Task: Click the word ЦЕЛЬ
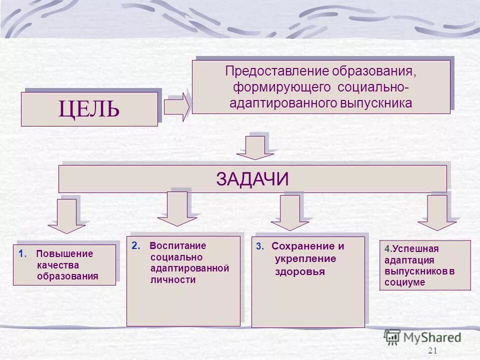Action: point(89,109)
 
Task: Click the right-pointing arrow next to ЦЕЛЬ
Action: point(176,107)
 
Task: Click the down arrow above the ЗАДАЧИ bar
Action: point(255,148)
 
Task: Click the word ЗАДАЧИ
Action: point(252,179)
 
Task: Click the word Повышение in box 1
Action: point(64,253)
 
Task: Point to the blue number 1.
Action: point(20,253)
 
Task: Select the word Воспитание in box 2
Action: point(177,245)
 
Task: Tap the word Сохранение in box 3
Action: point(302,246)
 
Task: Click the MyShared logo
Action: point(422,337)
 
